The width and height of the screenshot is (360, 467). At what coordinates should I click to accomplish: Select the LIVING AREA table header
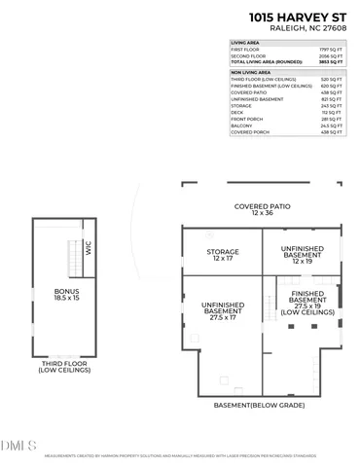point(244,44)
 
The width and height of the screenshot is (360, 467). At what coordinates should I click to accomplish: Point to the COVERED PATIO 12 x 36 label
point(263,210)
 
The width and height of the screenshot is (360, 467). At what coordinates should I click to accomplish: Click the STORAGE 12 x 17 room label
point(222,255)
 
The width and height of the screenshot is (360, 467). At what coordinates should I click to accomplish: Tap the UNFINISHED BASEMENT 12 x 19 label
point(302,255)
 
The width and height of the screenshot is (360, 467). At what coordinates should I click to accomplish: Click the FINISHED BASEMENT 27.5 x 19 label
point(307,304)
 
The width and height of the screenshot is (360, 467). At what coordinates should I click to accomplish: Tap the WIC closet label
point(87,248)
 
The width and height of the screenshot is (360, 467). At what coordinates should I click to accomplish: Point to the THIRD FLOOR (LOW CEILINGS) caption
point(64,368)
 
